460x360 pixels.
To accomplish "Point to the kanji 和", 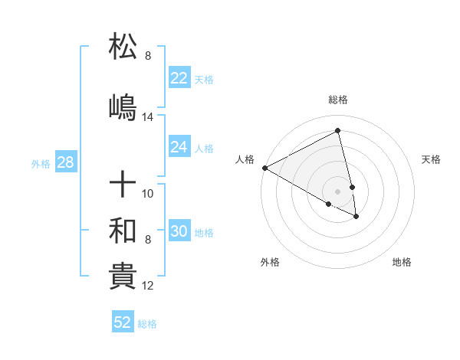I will click(123, 229).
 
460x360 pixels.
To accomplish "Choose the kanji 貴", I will click(123, 275).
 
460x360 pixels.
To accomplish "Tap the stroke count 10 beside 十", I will click(148, 194).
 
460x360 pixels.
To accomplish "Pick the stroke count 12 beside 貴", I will click(148, 286).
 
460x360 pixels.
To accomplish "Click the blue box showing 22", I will click(179, 78).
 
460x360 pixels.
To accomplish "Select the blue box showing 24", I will click(179, 147).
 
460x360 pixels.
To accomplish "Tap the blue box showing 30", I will click(179, 231).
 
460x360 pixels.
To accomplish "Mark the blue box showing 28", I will click(65, 162).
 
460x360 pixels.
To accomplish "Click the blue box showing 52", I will click(123, 322).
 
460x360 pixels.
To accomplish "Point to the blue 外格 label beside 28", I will click(41, 163).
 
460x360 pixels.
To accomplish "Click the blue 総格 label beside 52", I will click(147, 324).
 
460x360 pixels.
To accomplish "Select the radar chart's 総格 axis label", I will click(338, 100).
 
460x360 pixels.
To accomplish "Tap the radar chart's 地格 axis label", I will click(402, 262).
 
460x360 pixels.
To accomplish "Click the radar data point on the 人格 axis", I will click(264, 167).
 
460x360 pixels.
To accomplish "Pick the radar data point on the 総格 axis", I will click(338, 131).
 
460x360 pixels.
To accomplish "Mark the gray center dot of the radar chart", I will click(338, 190).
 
